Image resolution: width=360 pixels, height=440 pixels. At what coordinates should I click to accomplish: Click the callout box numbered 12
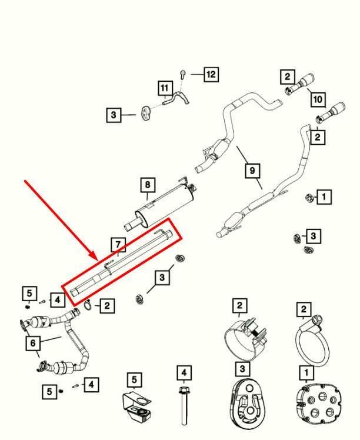pos(211,74)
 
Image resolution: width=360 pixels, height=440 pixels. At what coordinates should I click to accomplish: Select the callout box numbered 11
pos(165,88)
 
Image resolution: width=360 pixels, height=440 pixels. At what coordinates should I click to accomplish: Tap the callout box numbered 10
pos(318,99)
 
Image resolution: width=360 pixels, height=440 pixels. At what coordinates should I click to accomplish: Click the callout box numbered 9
pos(252,171)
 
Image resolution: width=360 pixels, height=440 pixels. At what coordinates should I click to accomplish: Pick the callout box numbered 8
pos(148,185)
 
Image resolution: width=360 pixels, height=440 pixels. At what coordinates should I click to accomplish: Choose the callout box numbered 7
pos(118,245)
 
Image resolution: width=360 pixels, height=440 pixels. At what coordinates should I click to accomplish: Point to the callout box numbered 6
pos(33,342)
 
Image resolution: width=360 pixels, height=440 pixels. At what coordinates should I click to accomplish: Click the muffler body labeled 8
pos(160,207)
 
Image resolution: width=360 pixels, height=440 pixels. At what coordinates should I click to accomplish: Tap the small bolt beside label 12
pos(183,74)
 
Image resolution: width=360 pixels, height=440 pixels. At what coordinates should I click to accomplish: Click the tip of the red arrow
pos(98,260)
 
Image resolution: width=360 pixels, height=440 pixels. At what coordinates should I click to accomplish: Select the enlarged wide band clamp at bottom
pos(245,339)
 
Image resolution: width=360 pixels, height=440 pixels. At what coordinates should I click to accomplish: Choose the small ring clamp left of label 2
pos(88,305)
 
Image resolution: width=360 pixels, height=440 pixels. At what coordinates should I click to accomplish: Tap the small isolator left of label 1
pos(309,198)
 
